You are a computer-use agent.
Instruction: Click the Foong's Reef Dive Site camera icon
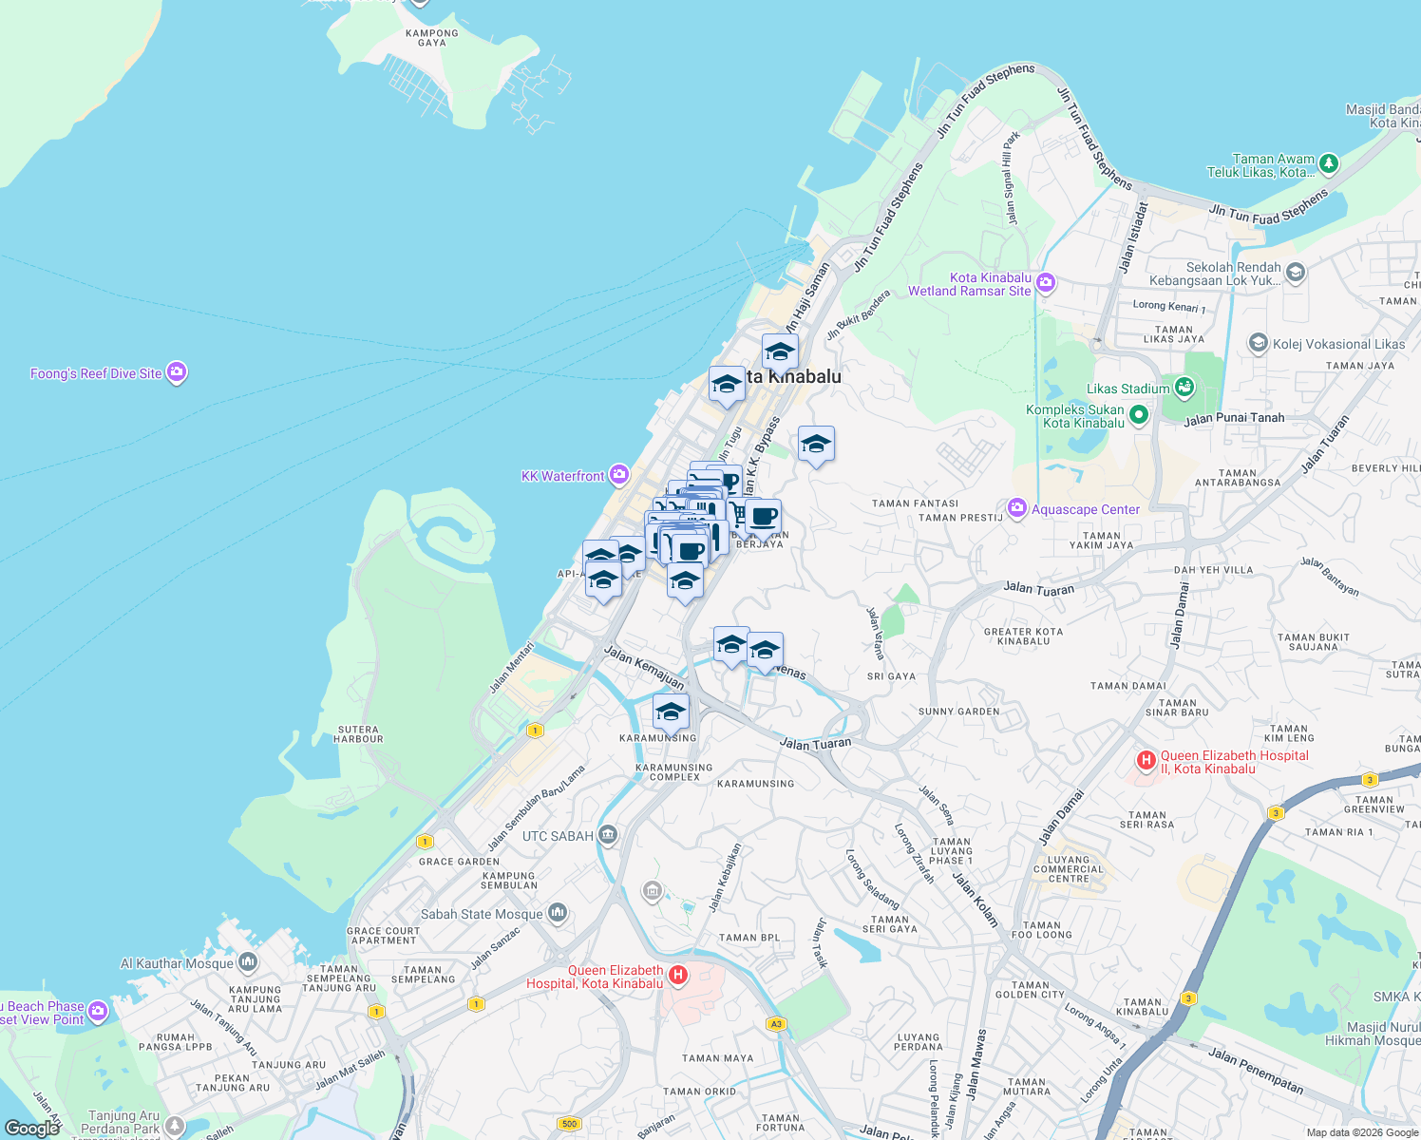point(177,373)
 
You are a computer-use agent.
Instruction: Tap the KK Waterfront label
point(562,476)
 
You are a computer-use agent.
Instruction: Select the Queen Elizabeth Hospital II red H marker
point(1146,760)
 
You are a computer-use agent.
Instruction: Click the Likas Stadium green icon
point(1184,387)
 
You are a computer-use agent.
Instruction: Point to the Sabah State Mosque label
point(482,914)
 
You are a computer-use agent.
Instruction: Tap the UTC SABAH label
point(558,836)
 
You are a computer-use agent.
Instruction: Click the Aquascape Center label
point(1085,509)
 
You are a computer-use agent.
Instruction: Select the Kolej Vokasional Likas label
point(1338,344)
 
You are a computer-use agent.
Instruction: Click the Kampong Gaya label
point(432,38)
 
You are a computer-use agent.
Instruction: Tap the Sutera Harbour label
point(358,734)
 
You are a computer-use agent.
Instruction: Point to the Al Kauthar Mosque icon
point(248,962)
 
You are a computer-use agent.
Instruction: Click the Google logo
point(32,1128)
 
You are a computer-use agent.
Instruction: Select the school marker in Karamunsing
point(671,712)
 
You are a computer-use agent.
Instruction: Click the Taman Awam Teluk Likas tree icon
point(1329,163)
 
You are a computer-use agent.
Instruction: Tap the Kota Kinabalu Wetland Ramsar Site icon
point(1046,282)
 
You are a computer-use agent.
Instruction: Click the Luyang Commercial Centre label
point(1069,869)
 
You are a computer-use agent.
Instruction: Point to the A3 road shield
point(777,1024)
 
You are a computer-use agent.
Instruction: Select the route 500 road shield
point(569,1124)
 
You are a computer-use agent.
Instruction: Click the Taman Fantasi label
point(916,503)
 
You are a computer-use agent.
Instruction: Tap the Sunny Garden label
point(958,712)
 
